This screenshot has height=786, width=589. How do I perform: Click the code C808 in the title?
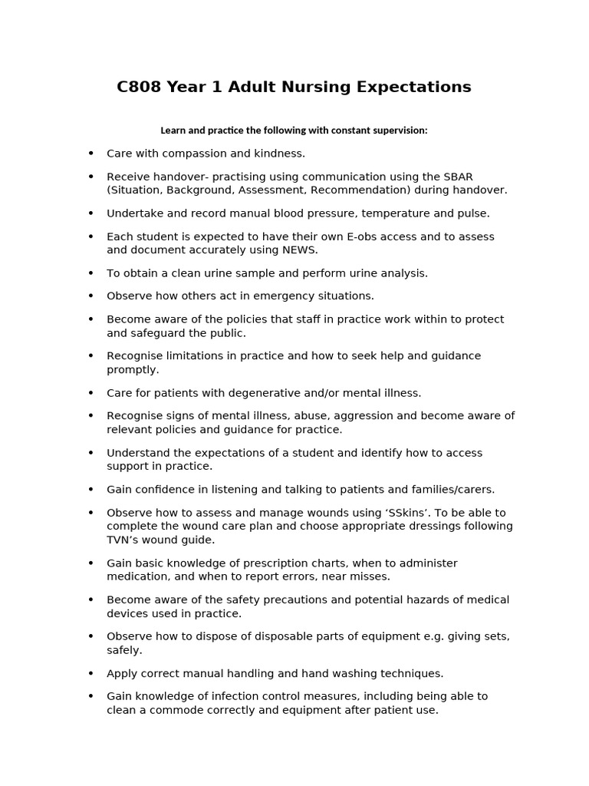coord(139,88)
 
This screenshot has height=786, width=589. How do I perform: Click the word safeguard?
coord(157,333)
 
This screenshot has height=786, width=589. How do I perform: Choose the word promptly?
coord(133,370)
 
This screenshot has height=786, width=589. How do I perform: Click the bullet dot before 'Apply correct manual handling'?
coord(91,674)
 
